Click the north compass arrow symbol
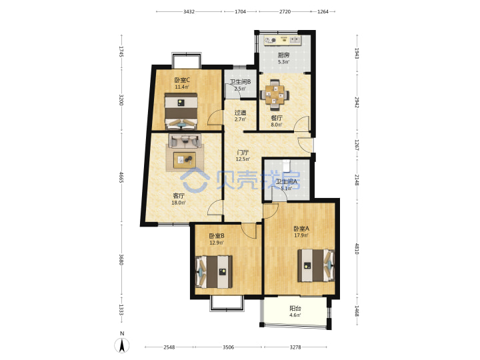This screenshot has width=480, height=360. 122,345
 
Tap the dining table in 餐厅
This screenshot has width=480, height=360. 275,95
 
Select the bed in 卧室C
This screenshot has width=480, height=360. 181,111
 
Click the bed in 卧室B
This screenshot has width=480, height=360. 214,272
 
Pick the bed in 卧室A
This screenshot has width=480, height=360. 316,265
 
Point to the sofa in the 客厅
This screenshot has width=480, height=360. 185,141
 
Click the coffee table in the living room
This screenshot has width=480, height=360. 185,160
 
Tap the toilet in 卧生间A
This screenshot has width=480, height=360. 286,166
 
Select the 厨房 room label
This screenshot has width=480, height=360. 283,55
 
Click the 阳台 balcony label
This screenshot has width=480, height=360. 295,308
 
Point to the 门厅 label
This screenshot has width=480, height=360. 243,152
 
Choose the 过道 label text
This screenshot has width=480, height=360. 240,113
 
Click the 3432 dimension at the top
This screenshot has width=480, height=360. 189,11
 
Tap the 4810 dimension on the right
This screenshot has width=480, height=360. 357,249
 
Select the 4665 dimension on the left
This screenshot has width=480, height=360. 121,177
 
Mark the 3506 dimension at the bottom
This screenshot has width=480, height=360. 229,347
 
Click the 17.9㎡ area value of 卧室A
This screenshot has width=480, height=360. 301,235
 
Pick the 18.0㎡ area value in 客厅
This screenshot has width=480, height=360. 179,203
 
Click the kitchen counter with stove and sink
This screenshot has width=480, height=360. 283,40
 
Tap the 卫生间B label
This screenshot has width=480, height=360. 240,82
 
